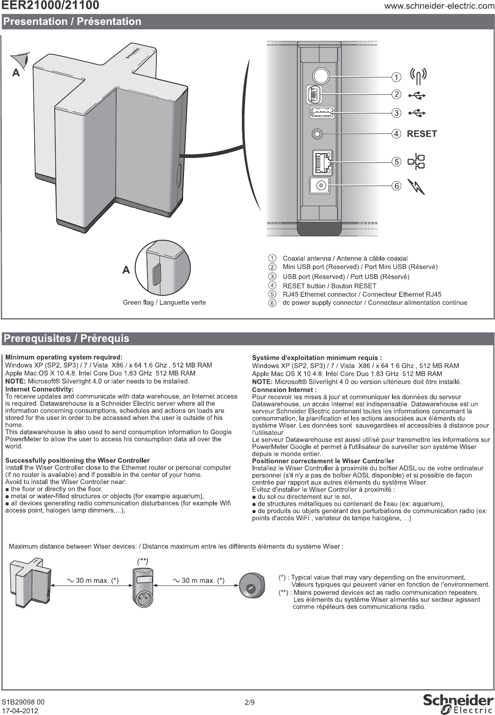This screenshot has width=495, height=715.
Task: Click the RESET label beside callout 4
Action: [x=422, y=133]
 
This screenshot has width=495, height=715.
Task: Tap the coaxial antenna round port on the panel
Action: [x=320, y=75]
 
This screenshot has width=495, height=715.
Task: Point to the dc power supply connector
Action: [x=319, y=184]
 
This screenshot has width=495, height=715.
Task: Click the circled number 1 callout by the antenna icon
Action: [x=396, y=77]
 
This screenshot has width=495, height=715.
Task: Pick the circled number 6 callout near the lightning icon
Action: [x=396, y=186]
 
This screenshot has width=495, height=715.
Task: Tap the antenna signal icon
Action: [x=418, y=76]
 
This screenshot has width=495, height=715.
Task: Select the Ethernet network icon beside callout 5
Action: [x=417, y=162]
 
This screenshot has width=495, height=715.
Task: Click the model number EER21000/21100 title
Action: [x=51, y=6]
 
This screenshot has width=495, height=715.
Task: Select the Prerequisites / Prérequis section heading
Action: [x=66, y=339]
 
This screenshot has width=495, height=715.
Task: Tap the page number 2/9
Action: [x=250, y=703]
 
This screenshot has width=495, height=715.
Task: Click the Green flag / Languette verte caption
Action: [x=164, y=303]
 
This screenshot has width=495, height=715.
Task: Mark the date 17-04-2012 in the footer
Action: [x=20, y=711]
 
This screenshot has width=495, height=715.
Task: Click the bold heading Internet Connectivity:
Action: [x=39, y=389]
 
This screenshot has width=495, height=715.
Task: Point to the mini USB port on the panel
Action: [x=314, y=94]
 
